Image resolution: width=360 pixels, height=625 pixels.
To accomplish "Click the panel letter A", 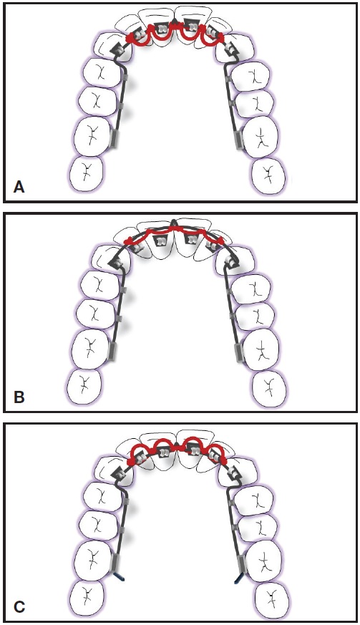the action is [19, 187].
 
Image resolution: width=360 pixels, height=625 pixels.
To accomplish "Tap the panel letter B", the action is [19, 397].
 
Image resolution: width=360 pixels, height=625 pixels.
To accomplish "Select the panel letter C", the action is [19, 606].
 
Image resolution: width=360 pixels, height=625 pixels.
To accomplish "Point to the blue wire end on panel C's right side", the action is [239, 576].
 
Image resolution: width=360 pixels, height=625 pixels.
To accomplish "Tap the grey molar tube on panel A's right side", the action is [240, 140].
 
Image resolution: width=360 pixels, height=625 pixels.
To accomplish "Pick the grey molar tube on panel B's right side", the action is [239, 352].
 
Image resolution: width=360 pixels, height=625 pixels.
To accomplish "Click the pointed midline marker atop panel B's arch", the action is [172, 223].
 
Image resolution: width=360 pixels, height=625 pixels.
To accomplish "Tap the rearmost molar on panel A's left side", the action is [87, 174].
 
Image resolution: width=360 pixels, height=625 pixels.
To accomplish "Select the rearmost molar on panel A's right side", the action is [269, 174].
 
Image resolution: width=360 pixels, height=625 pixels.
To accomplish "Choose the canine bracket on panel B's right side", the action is [231, 261].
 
